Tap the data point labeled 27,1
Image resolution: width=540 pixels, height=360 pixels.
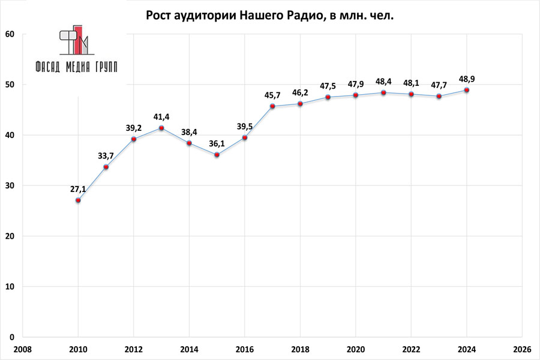click(78, 200)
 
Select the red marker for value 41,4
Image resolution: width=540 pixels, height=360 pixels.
click(161, 128)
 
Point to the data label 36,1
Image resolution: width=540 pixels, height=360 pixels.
click(217, 143)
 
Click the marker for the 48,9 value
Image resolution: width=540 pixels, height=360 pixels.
click(467, 90)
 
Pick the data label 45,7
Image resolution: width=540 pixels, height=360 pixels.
click(272, 95)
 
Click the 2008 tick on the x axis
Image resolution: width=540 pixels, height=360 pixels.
click(22, 349)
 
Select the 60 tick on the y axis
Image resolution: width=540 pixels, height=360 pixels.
click(10, 34)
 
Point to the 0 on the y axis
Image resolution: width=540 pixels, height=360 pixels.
click(13, 337)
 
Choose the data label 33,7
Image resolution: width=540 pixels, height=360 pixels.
click(106, 156)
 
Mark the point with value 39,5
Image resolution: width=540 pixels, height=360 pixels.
click(245, 137)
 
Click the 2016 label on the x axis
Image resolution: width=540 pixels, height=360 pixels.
click(244, 349)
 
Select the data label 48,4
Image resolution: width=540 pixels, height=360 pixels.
click(383, 81)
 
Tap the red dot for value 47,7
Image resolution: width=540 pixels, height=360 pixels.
click(439, 96)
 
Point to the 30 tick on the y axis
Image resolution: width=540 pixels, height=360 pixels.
click(10, 185)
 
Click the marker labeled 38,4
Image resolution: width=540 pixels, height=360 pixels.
click(189, 143)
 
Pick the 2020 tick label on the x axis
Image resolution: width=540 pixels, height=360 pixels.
click(356, 349)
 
